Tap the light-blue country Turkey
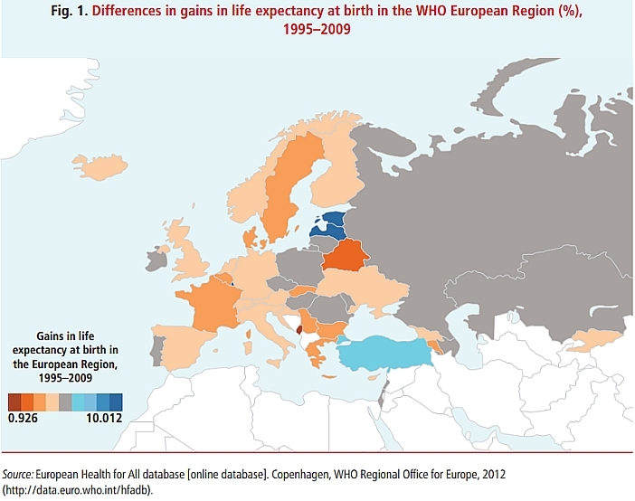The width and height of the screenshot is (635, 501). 384,354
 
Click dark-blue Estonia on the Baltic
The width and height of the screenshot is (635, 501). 333,219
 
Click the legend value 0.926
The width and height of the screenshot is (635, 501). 23,419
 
